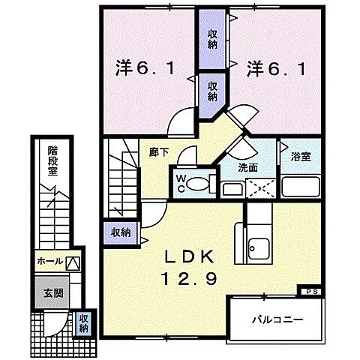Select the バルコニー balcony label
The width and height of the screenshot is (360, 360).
276,319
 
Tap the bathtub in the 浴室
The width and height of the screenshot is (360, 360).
301,186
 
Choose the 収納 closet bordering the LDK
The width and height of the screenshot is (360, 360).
120,232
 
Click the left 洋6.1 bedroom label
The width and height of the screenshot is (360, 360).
146,68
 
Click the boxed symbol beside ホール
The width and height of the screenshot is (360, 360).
72,263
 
